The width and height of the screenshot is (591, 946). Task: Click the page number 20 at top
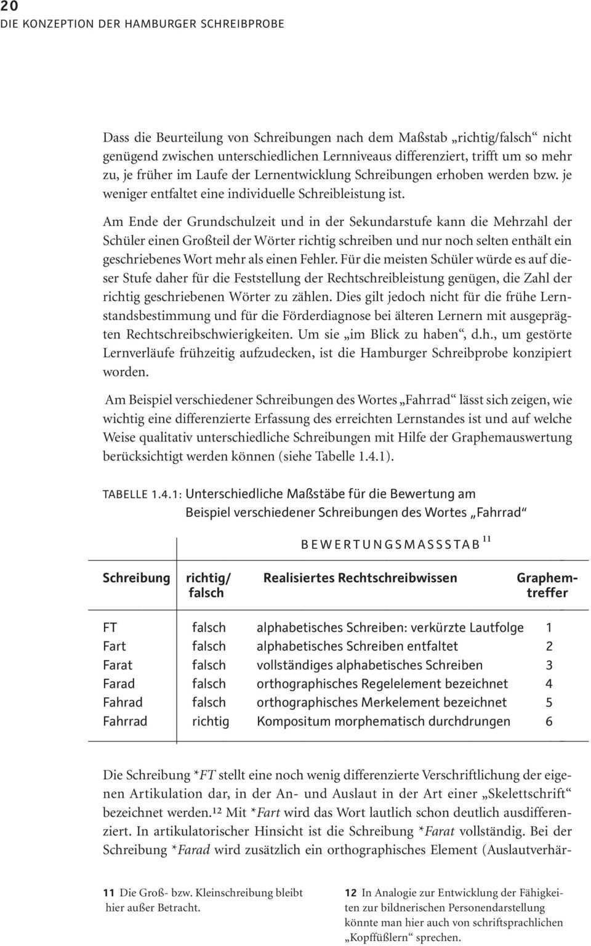(x=9, y=6)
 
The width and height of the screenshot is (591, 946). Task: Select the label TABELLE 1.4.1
(x=142, y=494)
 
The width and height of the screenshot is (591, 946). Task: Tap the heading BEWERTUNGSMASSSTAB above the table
(x=390, y=544)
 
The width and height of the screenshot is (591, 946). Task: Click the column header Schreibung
(x=136, y=578)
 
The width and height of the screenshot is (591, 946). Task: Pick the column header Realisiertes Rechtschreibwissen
(x=360, y=578)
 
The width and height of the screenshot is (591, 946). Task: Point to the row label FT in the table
(x=110, y=628)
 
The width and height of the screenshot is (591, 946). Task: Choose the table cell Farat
(x=118, y=665)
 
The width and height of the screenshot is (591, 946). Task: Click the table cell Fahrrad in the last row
(x=125, y=721)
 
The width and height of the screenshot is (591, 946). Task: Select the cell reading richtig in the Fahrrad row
(x=211, y=721)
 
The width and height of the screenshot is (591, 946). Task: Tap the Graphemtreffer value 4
(x=549, y=684)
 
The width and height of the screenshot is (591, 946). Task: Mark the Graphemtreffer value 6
(x=549, y=721)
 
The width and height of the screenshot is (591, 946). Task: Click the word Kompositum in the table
(x=289, y=721)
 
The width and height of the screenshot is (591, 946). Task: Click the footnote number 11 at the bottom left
(x=108, y=892)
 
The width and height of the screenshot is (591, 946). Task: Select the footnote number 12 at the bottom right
(x=350, y=892)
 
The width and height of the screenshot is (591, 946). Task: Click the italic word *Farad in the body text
(x=191, y=850)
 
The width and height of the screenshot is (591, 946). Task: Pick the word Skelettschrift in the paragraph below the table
(x=525, y=794)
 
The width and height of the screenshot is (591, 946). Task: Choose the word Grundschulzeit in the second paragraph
(x=225, y=222)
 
